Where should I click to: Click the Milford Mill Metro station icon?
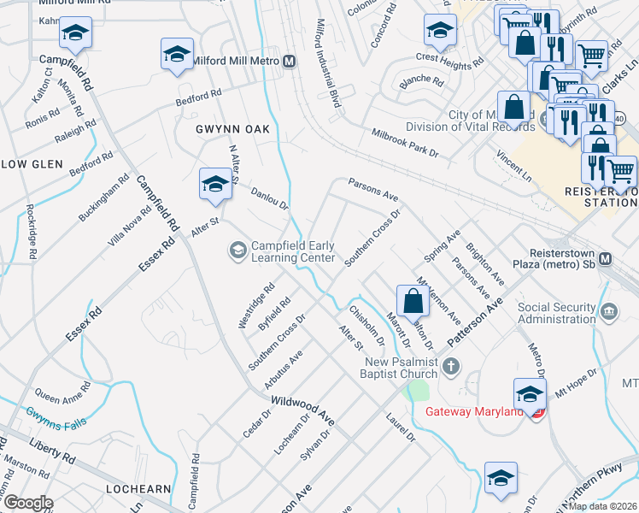290,62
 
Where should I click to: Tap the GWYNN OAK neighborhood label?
232,129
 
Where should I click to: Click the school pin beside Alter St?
215,183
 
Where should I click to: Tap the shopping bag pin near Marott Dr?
413,301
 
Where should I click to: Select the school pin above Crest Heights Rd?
440,31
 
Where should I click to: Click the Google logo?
27,503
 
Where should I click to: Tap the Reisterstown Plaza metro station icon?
606,259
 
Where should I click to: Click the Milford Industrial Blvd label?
328,63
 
